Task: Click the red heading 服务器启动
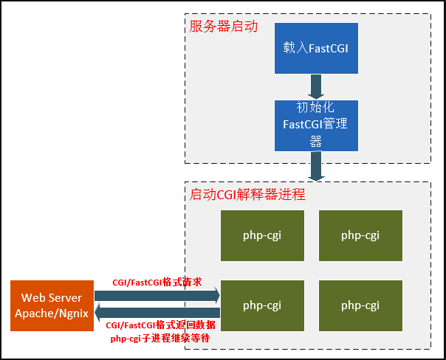pos(223,27)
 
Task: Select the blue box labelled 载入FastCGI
pos(315,48)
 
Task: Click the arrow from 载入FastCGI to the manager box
pos(315,86)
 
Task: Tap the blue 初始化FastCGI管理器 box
pos(315,125)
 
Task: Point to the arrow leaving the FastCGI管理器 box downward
pos(316,166)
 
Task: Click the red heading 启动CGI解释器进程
pos(247,195)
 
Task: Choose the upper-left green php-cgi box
pos(262,235)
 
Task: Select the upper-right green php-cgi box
pos(360,235)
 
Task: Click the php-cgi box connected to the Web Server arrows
pos(262,305)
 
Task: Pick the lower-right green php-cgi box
pos(360,305)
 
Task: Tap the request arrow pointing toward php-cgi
pos(157,297)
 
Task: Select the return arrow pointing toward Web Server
pos(157,313)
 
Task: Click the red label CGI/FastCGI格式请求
pos(157,283)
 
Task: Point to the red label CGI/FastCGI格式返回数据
pos(161,325)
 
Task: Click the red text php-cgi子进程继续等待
pos(161,338)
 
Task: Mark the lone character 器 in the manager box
pos(315,139)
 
